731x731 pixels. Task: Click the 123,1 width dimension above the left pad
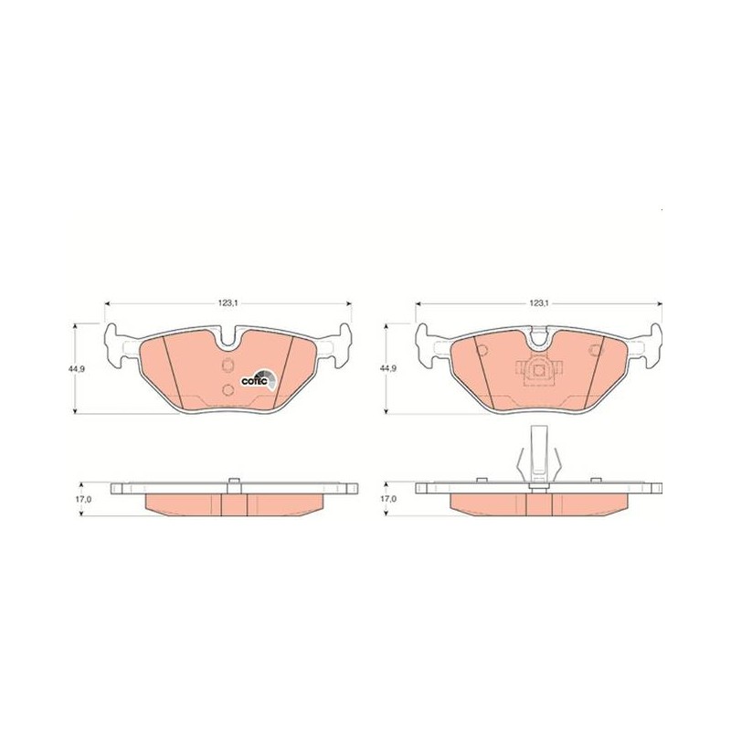[228, 303]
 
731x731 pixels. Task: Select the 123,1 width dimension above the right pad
[538, 303]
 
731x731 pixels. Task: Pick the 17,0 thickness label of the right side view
[387, 499]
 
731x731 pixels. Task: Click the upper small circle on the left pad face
[228, 365]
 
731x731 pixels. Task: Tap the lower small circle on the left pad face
[228, 390]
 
